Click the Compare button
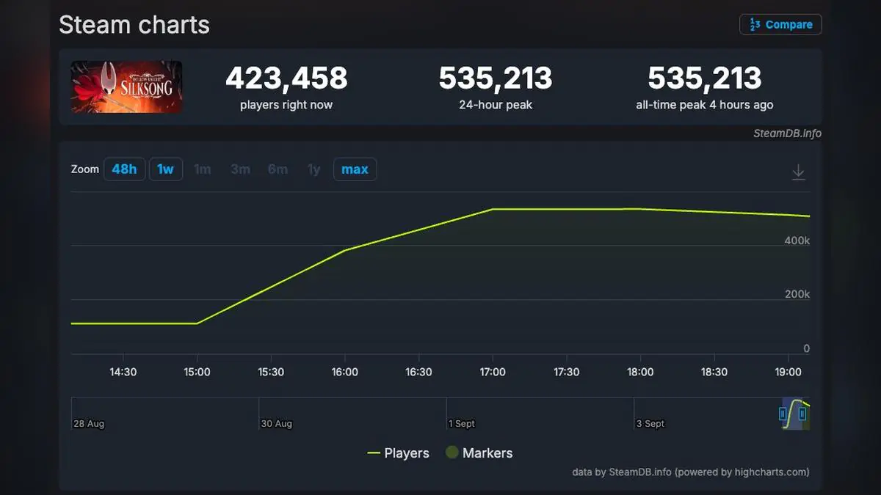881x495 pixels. (x=780, y=24)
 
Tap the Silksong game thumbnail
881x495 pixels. (x=126, y=87)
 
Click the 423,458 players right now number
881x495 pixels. (x=286, y=78)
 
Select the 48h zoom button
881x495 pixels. (x=124, y=169)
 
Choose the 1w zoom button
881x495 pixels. (x=165, y=169)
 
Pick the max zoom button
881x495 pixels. (x=355, y=169)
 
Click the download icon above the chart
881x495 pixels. (x=798, y=172)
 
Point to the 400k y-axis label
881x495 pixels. (x=797, y=241)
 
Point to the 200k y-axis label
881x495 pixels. (x=797, y=294)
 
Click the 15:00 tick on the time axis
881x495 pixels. (x=197, y=372)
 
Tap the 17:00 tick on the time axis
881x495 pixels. (x=492, y=372)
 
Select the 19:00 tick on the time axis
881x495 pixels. (x=788, y=372)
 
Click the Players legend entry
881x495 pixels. (x=398, y=453)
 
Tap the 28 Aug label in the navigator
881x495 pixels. (x=88, y=424)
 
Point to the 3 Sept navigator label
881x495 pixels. (x=650, y=424)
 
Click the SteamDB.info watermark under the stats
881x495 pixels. (x=787, y=133)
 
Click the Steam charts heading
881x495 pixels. (x=134, y=25)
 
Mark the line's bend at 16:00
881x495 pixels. (x=345, y=250)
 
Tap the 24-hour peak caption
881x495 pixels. (x=496, y=105)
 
